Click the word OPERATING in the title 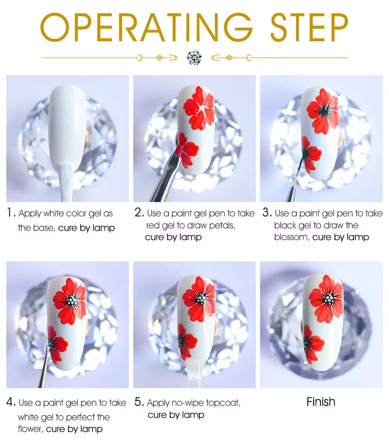pos(146,28)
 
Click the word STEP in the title pos(309,28)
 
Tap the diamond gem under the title pos(194,57)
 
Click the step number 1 pos(11,213)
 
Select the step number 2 pos(139,213)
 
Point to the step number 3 pos(267,213)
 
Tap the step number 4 pos(10,402)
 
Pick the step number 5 pos(139,402)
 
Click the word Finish pos(321,402)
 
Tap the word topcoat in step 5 pos(223,403)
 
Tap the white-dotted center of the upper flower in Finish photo pos(327,299)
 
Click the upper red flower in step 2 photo pos(199,108)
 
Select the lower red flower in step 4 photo pos(57,343)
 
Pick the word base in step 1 pos(45,228)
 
